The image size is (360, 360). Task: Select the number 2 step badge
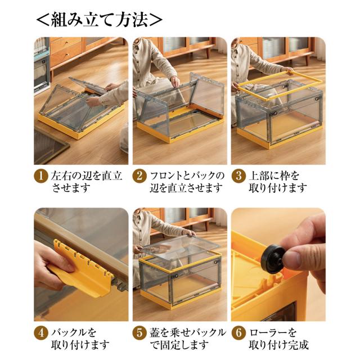(139, 175)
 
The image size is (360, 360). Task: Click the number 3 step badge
(238, 175)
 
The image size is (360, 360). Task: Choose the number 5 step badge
(139, 332)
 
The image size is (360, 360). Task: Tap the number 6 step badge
(238, 332)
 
